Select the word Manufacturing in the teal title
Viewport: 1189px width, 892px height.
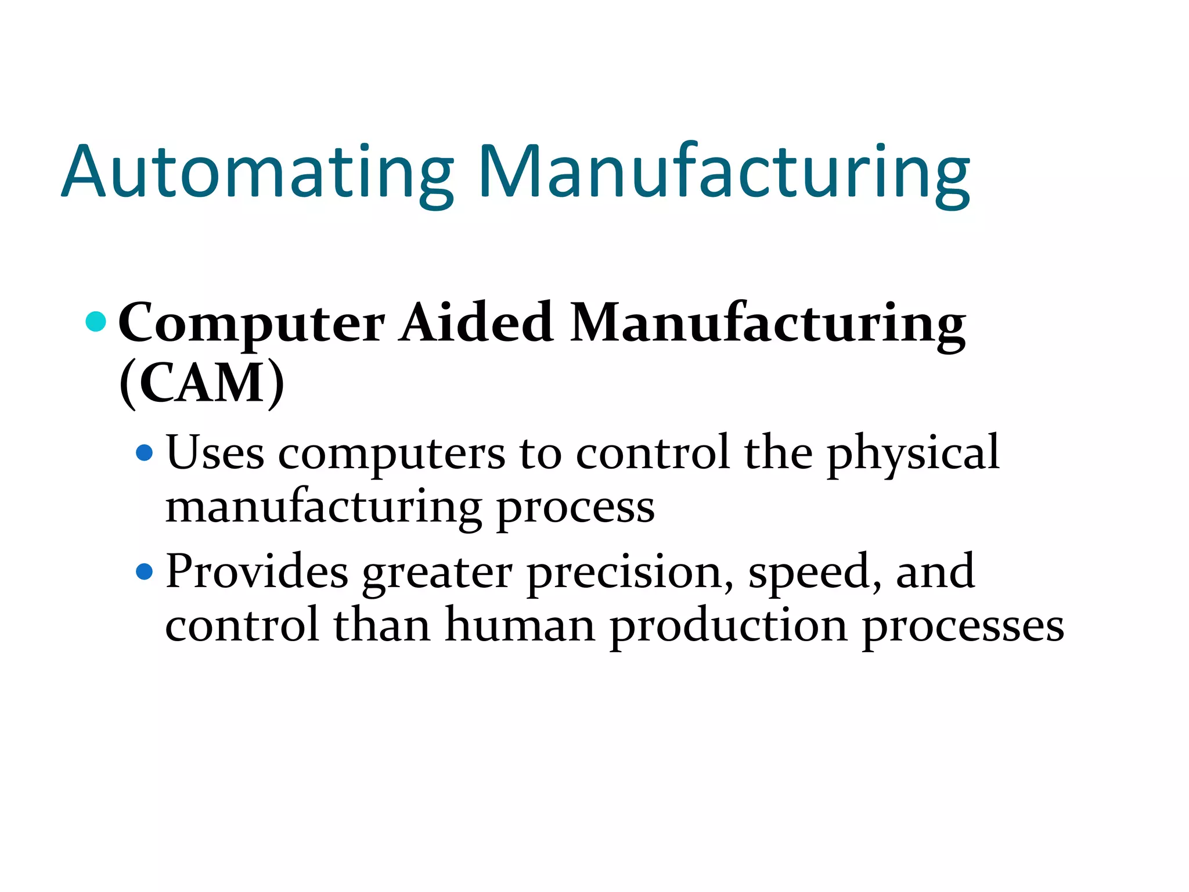[x=723, y=173]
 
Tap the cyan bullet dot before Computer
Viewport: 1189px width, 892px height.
[x=96, y=321]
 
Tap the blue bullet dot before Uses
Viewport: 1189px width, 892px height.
[x=144, y=452]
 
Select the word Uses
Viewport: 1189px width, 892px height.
[x=215, y=453]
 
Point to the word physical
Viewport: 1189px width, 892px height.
[x=913, y=454]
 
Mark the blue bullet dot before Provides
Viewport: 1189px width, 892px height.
[x=144, y=572]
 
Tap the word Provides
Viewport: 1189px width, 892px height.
[x=257, y=572]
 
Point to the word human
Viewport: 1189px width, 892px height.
[x=520, y=626]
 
